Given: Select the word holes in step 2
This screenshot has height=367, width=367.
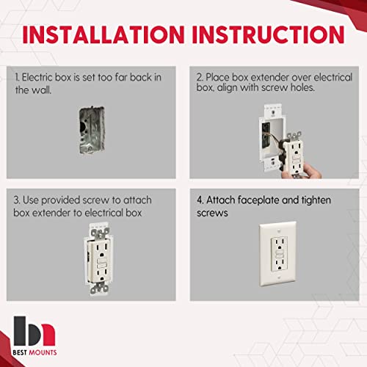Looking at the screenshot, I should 327,90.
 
